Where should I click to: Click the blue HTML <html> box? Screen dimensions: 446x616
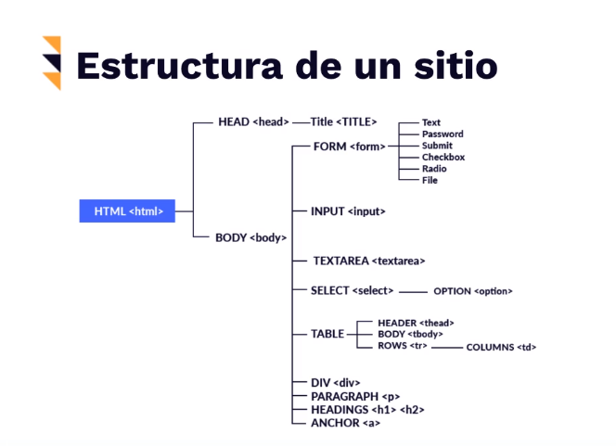point(127,211)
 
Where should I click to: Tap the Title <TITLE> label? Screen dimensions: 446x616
point(344,121)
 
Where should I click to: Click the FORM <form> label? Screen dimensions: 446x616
point(349,146)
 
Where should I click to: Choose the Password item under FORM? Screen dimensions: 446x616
point(442,134)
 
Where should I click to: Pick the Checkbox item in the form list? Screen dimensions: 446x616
point(443,157)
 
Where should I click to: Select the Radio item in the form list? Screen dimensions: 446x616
point(433,169)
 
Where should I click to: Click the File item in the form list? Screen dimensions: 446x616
point(430,180)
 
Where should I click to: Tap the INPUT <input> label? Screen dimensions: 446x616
point(348,211)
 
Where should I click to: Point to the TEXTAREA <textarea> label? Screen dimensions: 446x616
point(368,261)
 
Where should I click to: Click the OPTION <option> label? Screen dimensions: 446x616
point(472,291)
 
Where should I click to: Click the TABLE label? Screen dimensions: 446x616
point(327,334)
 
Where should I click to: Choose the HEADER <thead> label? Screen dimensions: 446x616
point(416,323)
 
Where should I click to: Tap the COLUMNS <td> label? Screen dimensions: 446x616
point(501,347)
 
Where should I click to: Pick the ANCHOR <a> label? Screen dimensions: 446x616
point(345,423)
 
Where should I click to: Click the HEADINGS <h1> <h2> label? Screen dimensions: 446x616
point(367,409)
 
